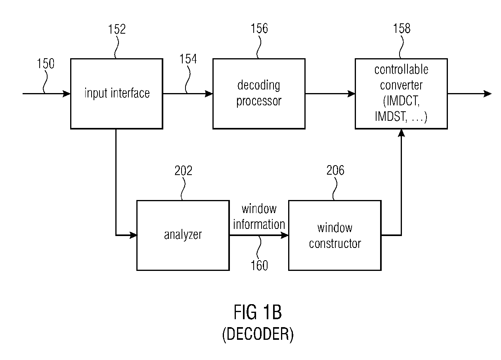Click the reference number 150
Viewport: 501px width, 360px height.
46,63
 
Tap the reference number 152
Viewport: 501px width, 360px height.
117,29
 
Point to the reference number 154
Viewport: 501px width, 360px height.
188,59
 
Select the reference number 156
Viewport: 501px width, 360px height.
259,29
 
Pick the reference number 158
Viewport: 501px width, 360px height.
402,29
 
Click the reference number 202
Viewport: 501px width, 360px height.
183,171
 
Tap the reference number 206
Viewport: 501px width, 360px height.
335,170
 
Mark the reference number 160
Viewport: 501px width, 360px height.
259,265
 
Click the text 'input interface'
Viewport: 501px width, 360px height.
117,93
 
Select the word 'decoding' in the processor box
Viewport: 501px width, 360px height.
259,86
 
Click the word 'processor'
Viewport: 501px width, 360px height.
259,101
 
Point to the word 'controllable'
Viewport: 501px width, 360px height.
401,69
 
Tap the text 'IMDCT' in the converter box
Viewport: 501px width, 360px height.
401,101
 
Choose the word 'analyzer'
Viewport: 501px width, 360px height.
183,235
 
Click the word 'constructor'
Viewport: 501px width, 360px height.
335,244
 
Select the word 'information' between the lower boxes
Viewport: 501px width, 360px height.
259,224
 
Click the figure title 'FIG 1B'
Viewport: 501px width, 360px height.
258,312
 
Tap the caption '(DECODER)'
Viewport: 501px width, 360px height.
258,334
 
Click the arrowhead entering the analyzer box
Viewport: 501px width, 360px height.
134,235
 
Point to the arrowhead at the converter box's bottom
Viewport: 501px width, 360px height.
402,133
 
